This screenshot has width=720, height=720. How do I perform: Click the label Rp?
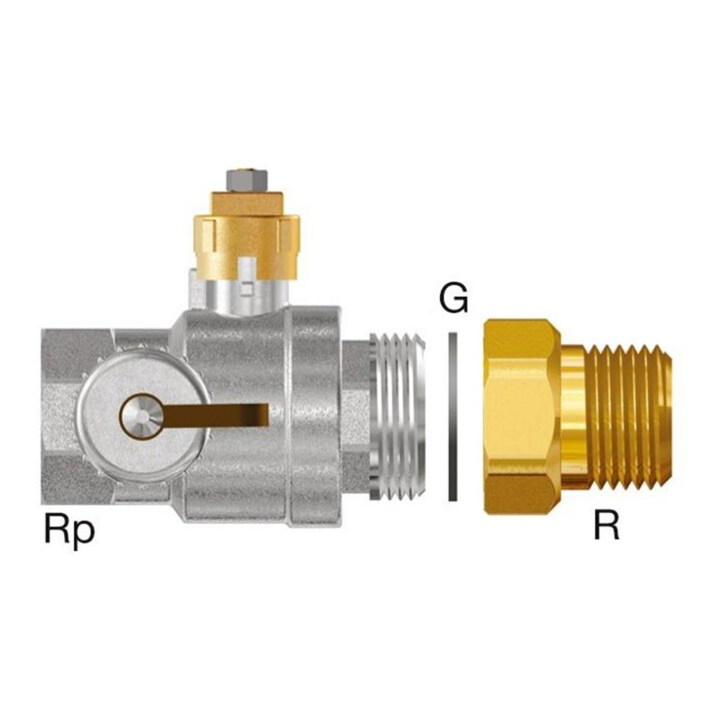click(x=69, y=530)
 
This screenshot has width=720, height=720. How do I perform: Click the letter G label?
click(x=454, y=298)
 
